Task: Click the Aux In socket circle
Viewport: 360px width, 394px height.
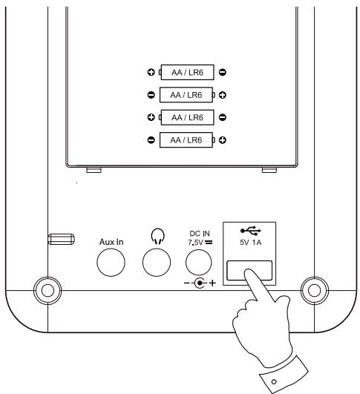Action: pyautogui.click(x=111, y=263)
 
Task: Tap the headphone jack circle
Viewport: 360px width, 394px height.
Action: pyautogui.click(x=157, y=263)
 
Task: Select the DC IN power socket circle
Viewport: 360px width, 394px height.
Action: pyautogui.click(x=199, y=263)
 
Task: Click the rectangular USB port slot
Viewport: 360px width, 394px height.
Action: pyautogui.click(x=249, y=271)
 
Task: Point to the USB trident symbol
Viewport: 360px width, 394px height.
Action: pyautogui.click(x=251, y=231)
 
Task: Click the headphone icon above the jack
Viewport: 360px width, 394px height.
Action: pyautogui.click(x=157, y=237)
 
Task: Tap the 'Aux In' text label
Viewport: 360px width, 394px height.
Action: pyautogui.click(x=111, y=242)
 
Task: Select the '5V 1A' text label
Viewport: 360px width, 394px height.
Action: pyautogui.click(x=250, y=243)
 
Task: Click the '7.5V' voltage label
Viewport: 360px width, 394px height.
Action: pyautogui.click(x=195, y=243)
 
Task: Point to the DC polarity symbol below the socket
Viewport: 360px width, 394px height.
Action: pyautogui.click(x=200, y=283)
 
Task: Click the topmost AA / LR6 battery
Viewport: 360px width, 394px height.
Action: pyautogui.click(x=187, y=73)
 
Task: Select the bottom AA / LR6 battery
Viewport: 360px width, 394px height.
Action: pyautogui.click(x=187, y=140)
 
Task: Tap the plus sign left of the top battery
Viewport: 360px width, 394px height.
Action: pyautogui.click(x=151, y=73)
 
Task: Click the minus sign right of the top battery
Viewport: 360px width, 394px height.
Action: pyautogui.click(x=223, y=73)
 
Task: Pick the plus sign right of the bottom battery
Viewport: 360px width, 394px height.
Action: pyautogui.click(x=223, y=140)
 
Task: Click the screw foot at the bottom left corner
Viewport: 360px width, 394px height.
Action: pyautogui.click(x=48, y=291)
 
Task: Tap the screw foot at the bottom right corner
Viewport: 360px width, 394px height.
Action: pyautogui.click(x=315, y=291)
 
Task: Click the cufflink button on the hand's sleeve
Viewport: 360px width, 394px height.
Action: pyautogui.click(x=274, y=382)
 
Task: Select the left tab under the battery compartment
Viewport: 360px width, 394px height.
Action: pyautogui.click(x=94, y=170)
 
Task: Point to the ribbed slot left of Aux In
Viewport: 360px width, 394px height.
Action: pyautogui.click(x=61, y=239)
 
